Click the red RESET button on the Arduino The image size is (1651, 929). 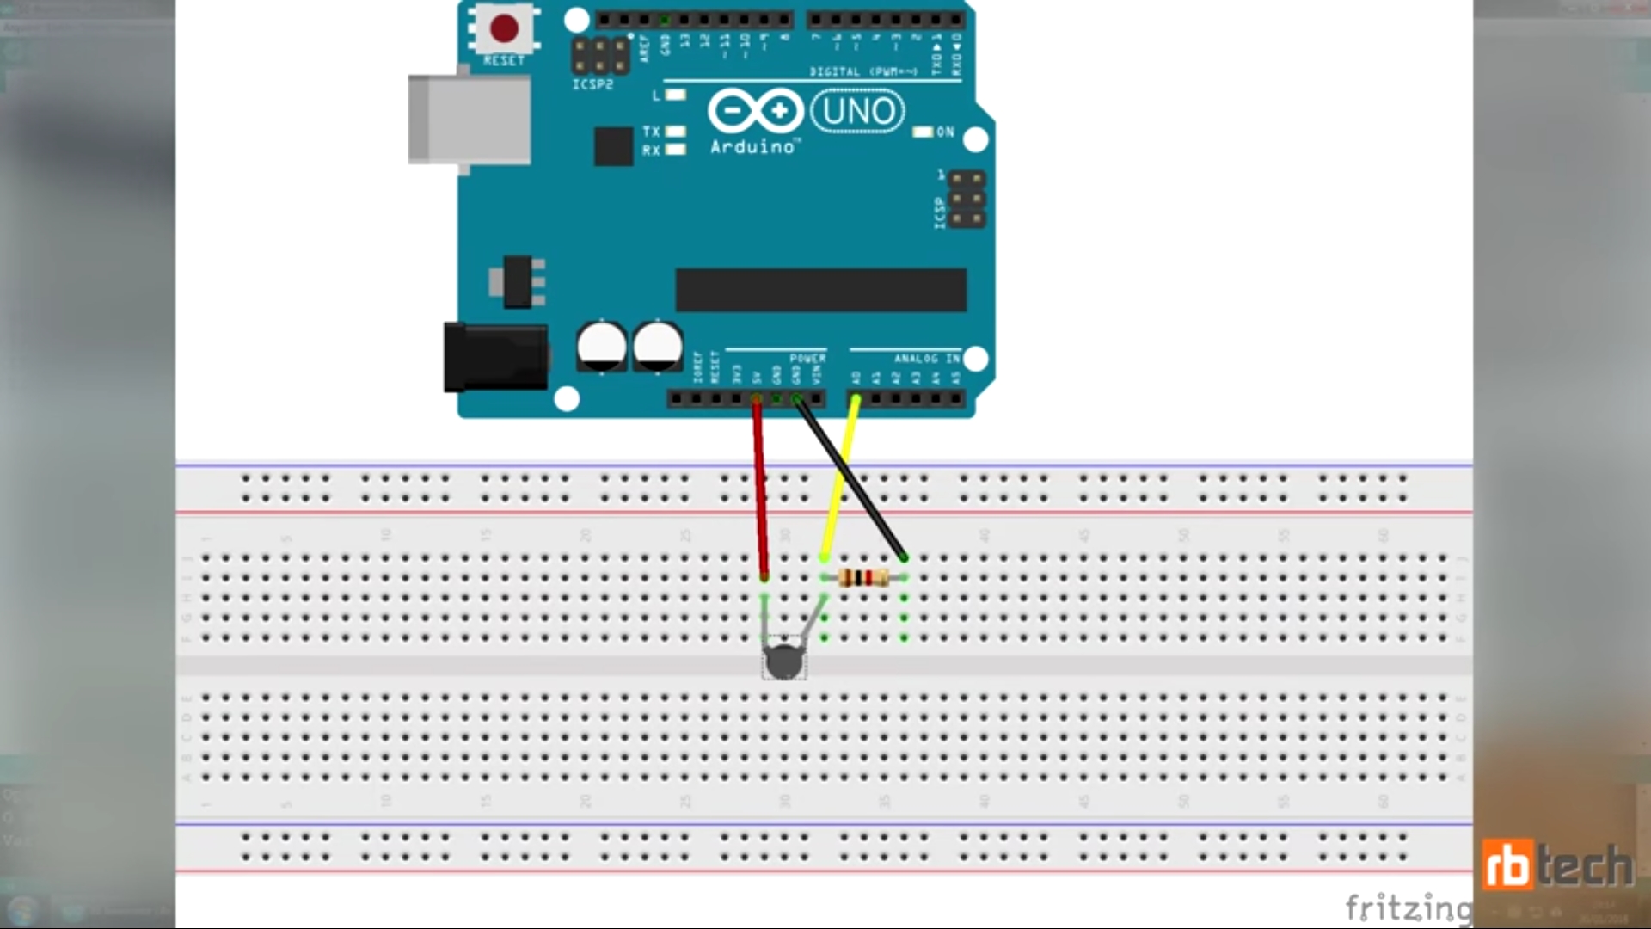tap(504, 28)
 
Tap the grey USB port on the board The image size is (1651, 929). tap(469, 120)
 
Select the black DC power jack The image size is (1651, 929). tap(495, 357)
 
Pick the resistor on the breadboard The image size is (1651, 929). tap(863, 578)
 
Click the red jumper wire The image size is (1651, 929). tap(760, 490)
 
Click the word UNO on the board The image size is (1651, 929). tap(858, 112)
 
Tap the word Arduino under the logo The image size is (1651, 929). tap(752, 147)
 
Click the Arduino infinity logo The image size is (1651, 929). tap(755, 112)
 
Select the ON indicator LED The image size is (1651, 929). tap(923, 132)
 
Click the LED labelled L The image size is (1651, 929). tap(676, 95)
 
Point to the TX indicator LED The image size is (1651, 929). tap(676, 132)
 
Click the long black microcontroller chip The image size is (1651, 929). tap(821, 289)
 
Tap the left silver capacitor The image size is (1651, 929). tap(601, 346)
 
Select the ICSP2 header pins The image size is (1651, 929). tap(600, 56)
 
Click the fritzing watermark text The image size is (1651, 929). tap(1407, 907)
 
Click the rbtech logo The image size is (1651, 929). tap(1556, 864)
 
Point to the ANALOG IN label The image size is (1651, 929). tap(926, 358)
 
